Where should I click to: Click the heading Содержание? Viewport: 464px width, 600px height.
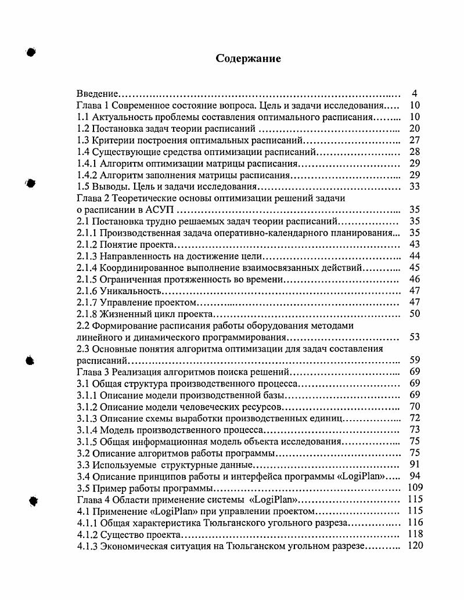point(248,59)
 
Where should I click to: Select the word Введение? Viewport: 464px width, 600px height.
point(98,94)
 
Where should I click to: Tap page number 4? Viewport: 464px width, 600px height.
point(414,94)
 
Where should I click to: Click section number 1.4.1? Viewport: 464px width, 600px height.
point(87,164)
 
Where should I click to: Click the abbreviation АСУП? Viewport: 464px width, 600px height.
point(152,210)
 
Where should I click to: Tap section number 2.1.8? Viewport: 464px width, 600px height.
point(87,314)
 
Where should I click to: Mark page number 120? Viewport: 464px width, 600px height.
point(415,545)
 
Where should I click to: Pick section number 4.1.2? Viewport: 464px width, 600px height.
point(87,534)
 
